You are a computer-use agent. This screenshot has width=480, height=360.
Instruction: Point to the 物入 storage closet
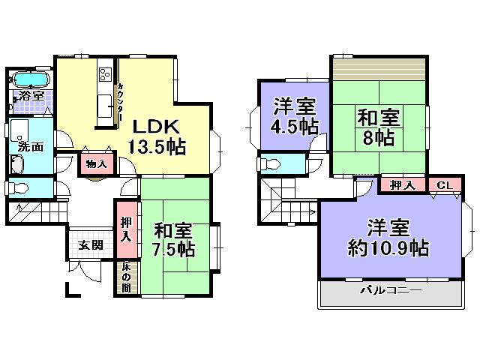(96, 164)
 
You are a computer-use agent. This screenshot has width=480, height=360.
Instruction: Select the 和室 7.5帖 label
(175, 238)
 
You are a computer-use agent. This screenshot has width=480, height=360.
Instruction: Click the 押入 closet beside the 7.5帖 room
(126, 228)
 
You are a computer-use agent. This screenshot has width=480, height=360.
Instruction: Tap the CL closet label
(444, 184)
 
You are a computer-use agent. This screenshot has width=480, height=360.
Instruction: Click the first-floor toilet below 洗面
(18, 187)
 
